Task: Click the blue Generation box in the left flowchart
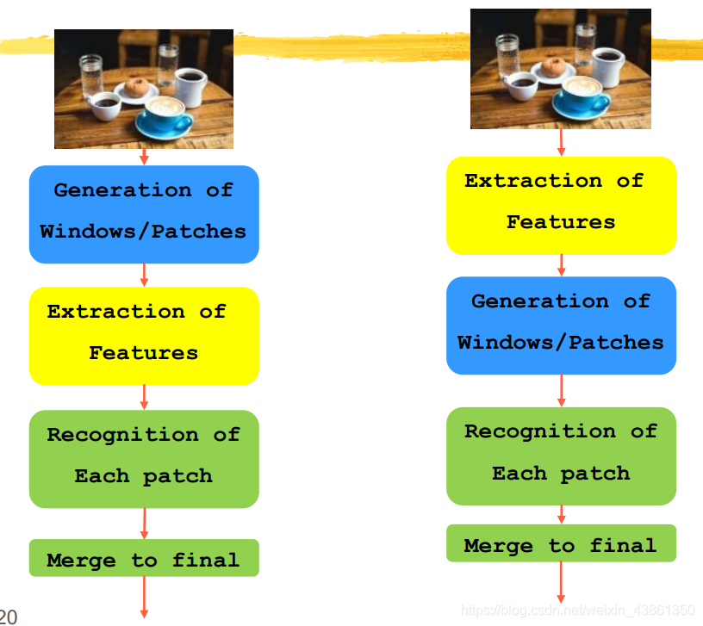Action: coord(144,214)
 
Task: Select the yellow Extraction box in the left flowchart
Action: coord(144,336)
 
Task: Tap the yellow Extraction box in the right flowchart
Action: coord(561,205)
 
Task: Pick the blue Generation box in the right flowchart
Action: coord(561,325)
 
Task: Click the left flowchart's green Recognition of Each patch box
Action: coord(144,459)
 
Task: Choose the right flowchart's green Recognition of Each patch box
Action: coord(561,456)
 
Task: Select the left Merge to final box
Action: coord(144,558)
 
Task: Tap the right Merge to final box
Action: coord(561,543)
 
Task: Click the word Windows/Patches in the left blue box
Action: coord(143,232)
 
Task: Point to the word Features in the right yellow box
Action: coord(561,222)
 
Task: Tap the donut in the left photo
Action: coord(136,87)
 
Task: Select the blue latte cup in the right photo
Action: coord(582,94)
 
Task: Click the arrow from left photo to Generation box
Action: coord(144,157)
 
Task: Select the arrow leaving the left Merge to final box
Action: coord(144,597)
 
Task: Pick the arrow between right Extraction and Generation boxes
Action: coord(561,264)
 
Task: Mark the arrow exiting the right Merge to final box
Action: coord(561,583)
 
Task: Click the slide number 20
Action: coord(8,616)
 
